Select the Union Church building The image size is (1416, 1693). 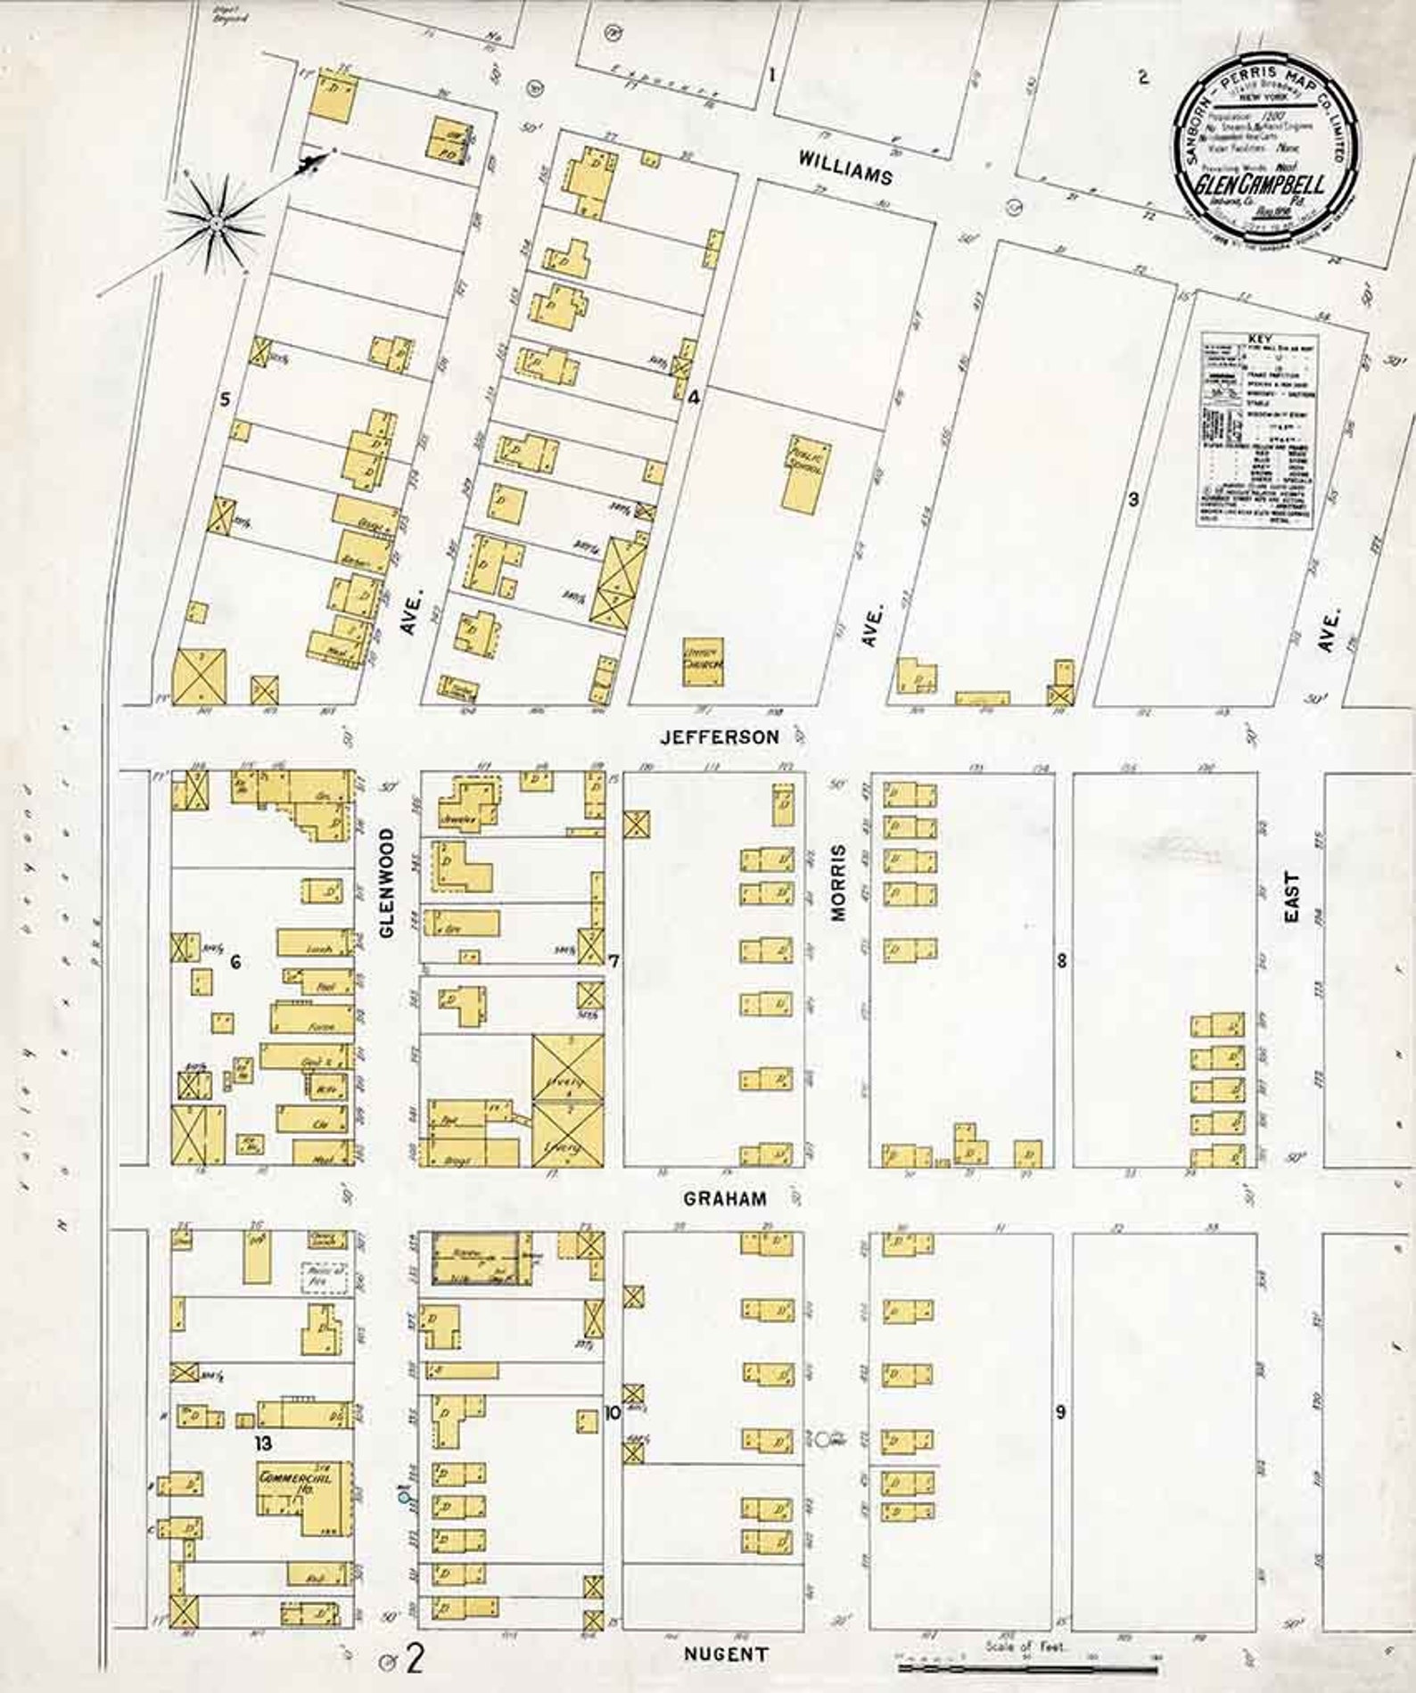(703, 662)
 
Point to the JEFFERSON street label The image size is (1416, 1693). (720, 737)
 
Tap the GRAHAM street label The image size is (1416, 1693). (724, 1198)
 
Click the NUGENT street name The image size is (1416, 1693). (725, 1655)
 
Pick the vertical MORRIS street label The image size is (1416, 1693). (840, 883)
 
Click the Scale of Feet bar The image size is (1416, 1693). (1025, 1664)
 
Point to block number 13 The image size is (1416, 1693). (262, 1442)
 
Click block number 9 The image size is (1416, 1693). (1060, 1412)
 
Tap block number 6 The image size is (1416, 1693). (235, 961)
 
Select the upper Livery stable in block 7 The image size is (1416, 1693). (568, 1067)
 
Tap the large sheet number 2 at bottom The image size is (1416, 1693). (415, 1659)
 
